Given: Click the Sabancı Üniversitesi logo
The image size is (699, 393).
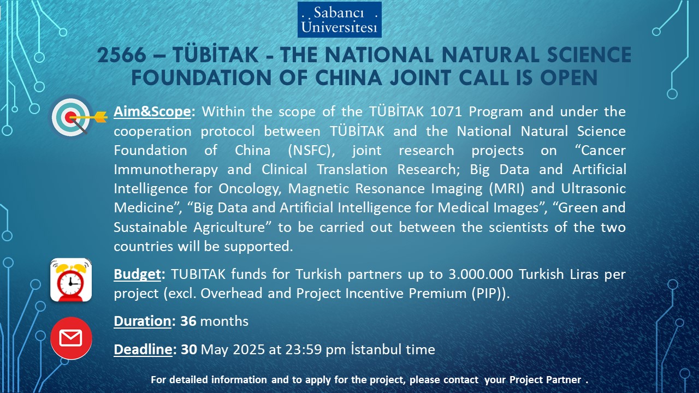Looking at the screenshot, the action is coord(340,20).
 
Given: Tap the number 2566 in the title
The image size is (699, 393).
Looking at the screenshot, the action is coord(122,55).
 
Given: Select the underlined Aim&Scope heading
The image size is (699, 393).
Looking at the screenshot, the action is coord(152,112).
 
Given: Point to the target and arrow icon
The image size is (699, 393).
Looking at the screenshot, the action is coord(78,117).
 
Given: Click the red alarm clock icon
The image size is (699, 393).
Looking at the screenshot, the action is coord(71,280).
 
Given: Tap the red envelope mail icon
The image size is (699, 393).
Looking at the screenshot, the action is coord(71,338).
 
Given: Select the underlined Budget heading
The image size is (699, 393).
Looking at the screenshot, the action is coord(137,275).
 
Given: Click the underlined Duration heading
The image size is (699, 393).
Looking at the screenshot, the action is coord(143,321).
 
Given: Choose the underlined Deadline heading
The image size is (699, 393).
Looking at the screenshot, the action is coord(143,349).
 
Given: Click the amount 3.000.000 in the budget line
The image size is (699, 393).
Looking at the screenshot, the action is coord(481,274).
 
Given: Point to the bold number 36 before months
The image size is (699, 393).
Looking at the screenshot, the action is coord(188,321).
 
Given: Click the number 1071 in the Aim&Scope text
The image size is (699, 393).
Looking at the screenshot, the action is coord(446,112).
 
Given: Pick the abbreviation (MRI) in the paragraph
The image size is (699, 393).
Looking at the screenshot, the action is coord(507,189).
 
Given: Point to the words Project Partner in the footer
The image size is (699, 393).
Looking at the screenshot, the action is coord(545,379).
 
